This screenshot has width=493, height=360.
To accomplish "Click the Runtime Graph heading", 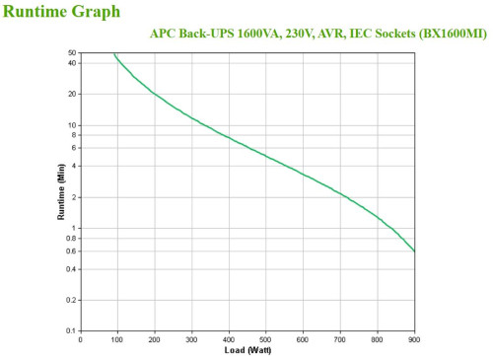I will (x=62, y=12).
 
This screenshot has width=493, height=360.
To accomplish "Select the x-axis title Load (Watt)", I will (x=247, y=351).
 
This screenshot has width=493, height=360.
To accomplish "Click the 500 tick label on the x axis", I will (x=266, y=339).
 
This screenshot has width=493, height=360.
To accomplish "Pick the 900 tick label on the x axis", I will (x=414, y=339).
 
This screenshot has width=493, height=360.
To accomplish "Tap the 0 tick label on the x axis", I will (x=81, y=339).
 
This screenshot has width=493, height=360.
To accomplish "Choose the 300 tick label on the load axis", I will (x=192, y=339).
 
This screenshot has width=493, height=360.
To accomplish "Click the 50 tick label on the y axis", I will (x=72, y=52).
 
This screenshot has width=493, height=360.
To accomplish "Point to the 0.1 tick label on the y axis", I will (x=70, y=330).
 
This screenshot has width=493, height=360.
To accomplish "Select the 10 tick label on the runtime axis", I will (x=72, y=125).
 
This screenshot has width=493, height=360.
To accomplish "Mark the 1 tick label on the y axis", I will (x=74, y=228).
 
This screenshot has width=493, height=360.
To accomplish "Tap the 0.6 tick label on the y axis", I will (x=70, y=251).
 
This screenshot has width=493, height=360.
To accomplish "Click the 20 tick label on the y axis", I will (x=72, y=94).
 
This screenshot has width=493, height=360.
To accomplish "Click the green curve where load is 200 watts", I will (x=155, y=94).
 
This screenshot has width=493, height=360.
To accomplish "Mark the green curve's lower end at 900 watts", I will (x=414, y=251).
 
